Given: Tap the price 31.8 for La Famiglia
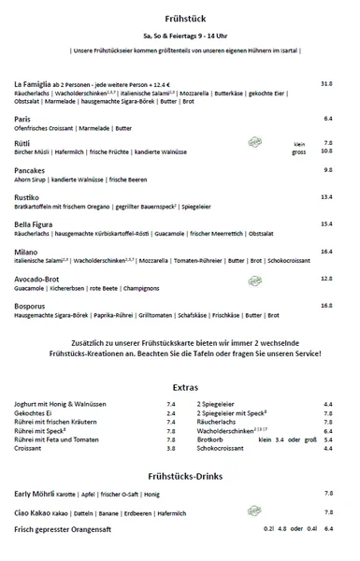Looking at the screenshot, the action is [x=326, y=83].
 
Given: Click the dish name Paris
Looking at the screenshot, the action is [x=24, y=119].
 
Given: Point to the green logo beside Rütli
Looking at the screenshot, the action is [x=254, y=141].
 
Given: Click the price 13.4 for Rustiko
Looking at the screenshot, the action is [x=326, y=197].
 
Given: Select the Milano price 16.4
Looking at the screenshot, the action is [x=326, y=251].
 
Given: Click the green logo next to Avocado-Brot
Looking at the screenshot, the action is [x=254, y=279].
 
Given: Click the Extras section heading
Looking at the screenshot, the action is [x=180, y=386].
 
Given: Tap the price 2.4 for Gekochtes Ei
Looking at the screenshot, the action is [x=171, y=412].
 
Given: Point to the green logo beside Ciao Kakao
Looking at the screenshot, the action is [x=254, y=511].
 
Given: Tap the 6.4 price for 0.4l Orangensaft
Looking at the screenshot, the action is [x=328, y=528].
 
